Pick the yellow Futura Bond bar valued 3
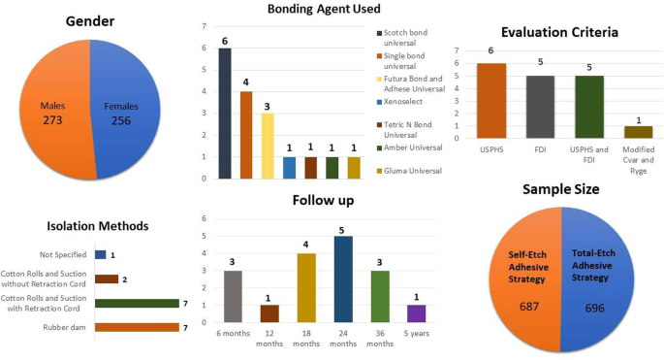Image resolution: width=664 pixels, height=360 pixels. tap(268, 146)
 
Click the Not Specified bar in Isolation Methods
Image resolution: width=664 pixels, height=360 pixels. tap(101, 254)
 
